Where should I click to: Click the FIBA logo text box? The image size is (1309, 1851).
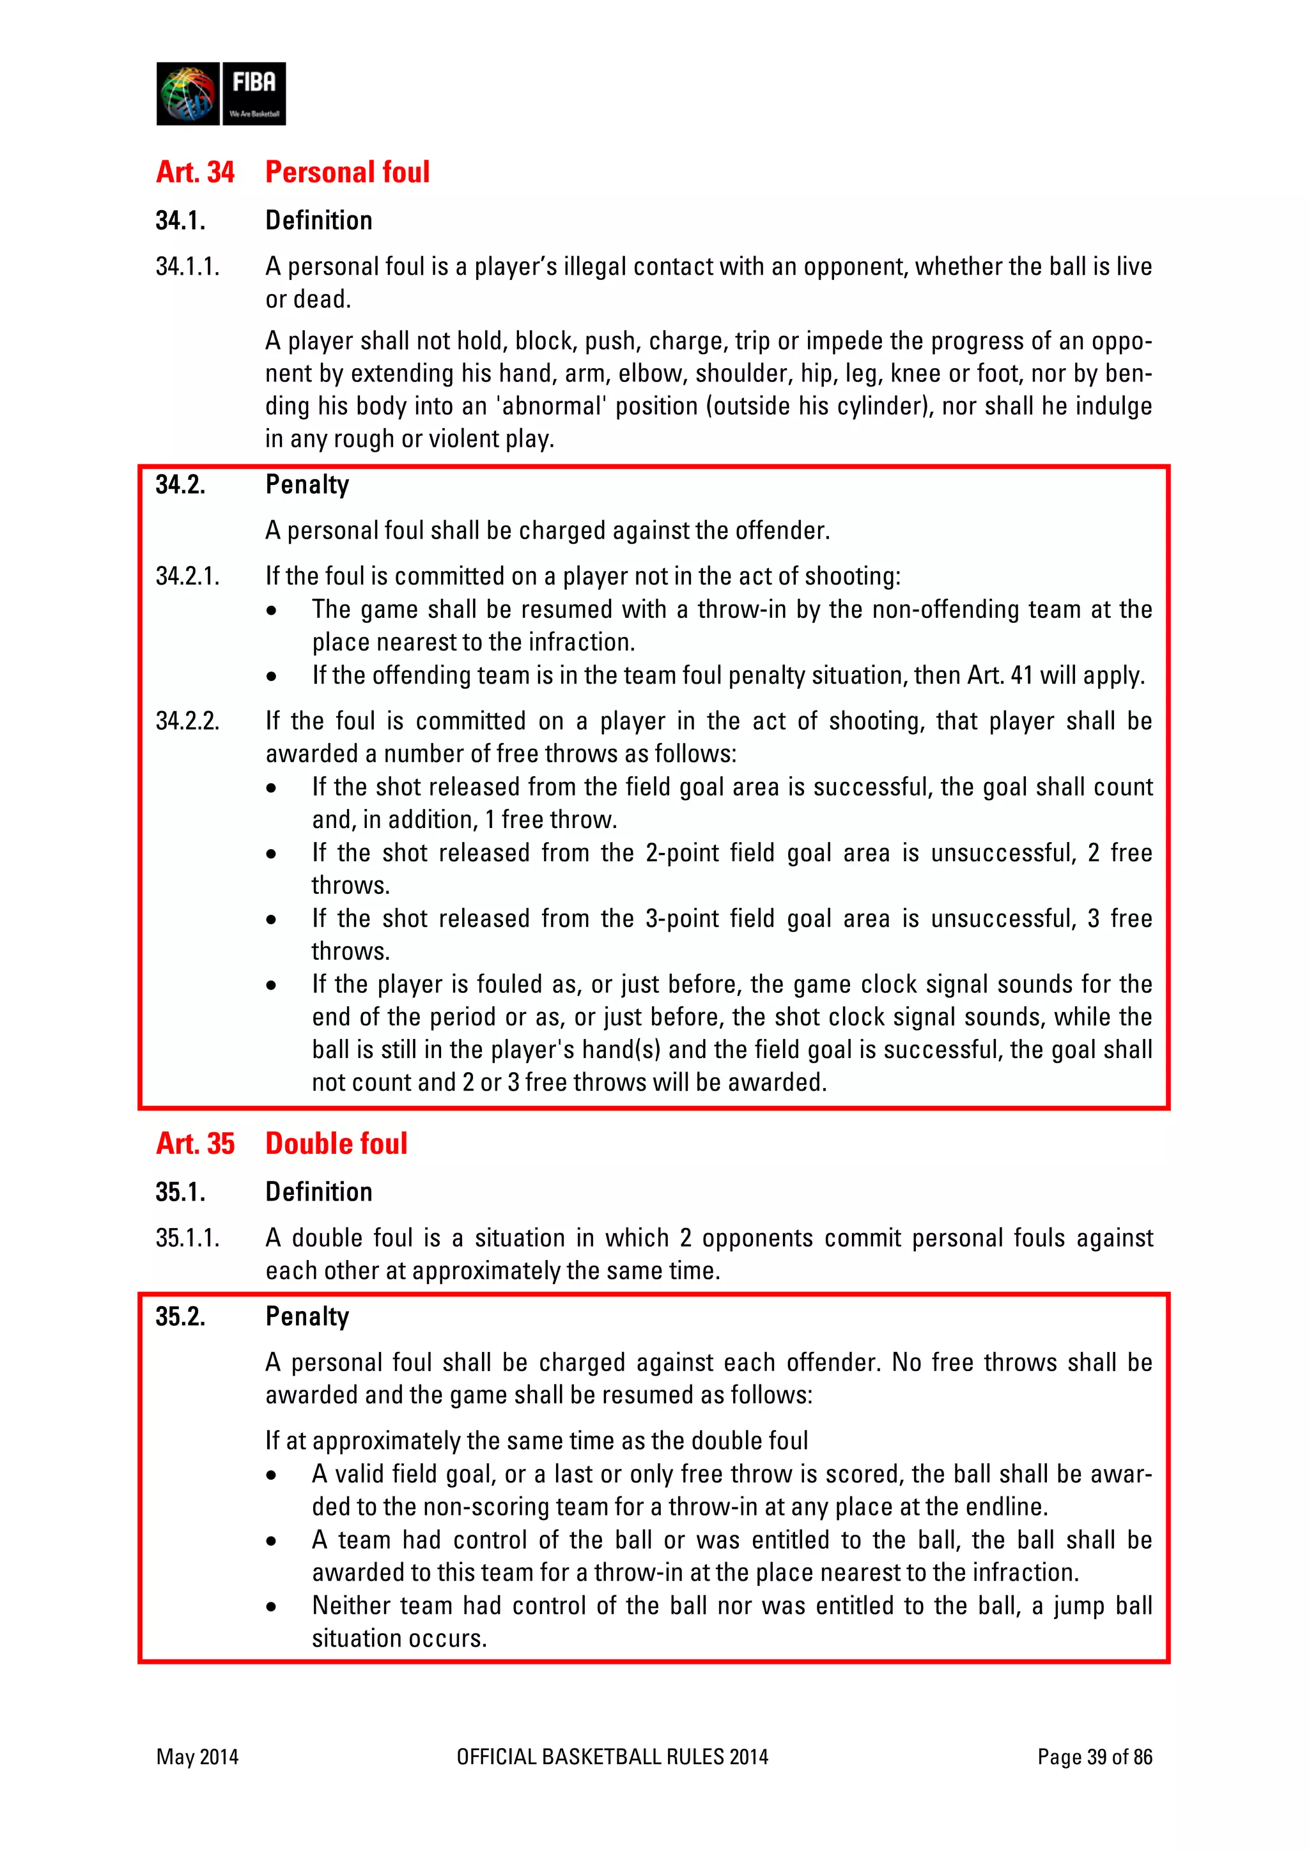point(253,93)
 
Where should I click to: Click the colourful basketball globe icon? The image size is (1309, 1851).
point(188,93)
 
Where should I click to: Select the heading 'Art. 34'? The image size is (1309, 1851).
point(195,172)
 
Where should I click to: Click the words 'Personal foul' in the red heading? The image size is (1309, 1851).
point(347,172)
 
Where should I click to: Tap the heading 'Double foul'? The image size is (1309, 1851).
point(336,1143)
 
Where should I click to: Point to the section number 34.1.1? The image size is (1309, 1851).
point(187,267)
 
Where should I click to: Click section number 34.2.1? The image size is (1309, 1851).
point(187,576)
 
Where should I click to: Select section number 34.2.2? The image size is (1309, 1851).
point(187,721)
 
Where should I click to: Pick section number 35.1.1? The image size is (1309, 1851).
point(187,1238)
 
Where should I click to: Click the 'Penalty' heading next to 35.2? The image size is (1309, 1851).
point(307,1316)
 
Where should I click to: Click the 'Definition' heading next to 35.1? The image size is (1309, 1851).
point(318,1192)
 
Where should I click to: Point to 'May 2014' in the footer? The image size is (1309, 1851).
point(198,1756)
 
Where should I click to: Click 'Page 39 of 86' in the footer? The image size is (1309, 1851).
point(1094,1756)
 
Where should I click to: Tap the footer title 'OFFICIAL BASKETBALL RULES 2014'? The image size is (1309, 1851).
point(612,1756)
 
